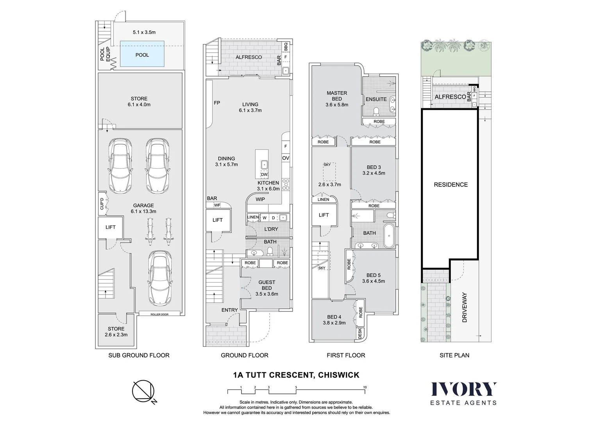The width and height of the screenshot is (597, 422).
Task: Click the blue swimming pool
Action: click(142, 55)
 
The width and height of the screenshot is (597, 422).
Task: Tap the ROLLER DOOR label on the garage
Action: click(159, 314)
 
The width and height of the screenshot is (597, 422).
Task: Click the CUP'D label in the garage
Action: click(102, 204)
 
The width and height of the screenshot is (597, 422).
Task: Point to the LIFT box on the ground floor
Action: click(218, 220)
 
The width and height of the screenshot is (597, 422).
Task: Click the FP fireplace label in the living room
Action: click(217, 103)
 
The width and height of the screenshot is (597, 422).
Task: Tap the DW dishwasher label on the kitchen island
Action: click(265, 175)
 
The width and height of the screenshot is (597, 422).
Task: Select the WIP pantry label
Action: click(260, 199)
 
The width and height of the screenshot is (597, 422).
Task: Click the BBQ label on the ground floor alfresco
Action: click(286, 47)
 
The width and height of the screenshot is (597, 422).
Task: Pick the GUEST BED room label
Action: click(267, 285)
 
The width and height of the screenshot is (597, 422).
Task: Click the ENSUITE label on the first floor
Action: click(376, 99)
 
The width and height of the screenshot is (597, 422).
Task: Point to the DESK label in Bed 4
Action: click(360, 333)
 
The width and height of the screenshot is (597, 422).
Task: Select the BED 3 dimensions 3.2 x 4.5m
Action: click(374, 173)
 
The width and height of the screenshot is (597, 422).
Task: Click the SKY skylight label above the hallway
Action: click(327, 165)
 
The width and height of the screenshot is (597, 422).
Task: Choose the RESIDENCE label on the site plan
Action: click(450, 184)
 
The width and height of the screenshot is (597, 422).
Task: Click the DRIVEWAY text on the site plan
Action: click(465, 308)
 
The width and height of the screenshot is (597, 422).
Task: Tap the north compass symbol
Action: click(143, 390)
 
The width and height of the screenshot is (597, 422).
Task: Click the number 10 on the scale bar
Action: click(365, 387)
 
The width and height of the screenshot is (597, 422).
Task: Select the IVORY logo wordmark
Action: click(463, 389)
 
